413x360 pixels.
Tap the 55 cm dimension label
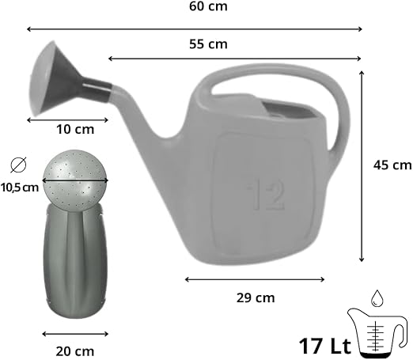[x=208, y=44]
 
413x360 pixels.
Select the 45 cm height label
[x=392, y=165]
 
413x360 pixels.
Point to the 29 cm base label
[x=255, y=298]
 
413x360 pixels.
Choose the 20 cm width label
[x=75, y=351]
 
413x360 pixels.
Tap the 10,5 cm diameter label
[x=20, y=188]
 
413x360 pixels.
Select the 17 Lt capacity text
[x=324, y=346]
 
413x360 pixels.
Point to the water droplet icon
[x=377, y=297]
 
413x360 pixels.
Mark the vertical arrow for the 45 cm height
[x=362, y=166]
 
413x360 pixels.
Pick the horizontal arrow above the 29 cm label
[x=255, y=279]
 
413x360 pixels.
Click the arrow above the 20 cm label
[x=75, y=333]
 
